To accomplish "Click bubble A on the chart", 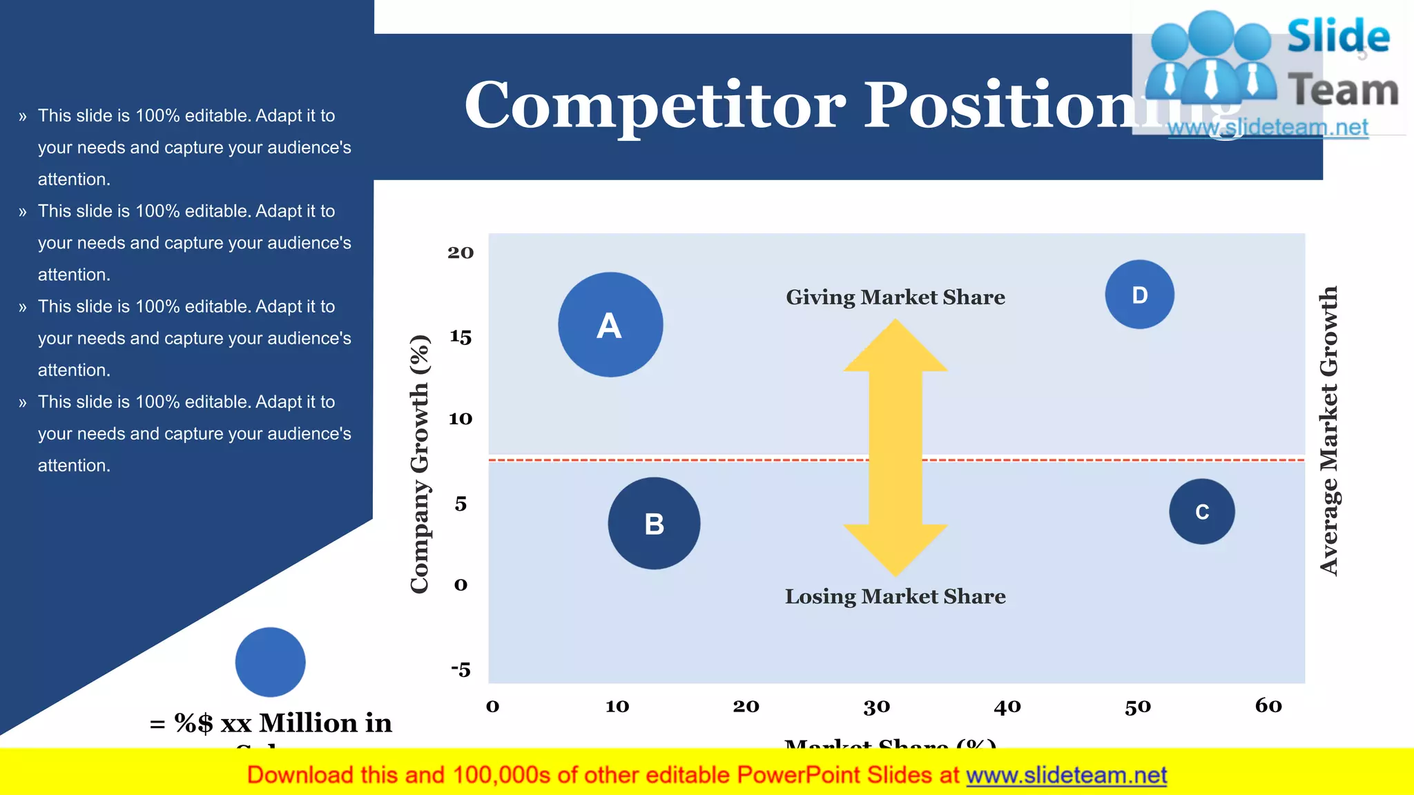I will coord(610,324).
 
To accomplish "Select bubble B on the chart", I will coord(654,523).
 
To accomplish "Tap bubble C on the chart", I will coord(1202,511).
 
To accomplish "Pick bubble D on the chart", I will coord(1139,295).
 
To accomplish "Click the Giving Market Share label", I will coord(895,297).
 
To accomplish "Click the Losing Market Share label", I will coord(895,596).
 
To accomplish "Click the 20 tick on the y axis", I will coord(461,253).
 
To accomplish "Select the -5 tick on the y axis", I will coord(461,669).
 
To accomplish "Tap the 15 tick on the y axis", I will coord(461,337).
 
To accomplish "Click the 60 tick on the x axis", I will coord(1268,705).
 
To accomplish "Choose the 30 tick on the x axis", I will coord(877,707).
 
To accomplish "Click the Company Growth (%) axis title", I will coord(420,464).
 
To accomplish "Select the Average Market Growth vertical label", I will coord(1329,431).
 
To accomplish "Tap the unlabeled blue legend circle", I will coord(270,662).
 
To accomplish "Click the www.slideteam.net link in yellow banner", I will coord(1066,775).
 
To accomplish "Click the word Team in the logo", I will coord(1343,90).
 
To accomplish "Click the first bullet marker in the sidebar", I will coord(23,116).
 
